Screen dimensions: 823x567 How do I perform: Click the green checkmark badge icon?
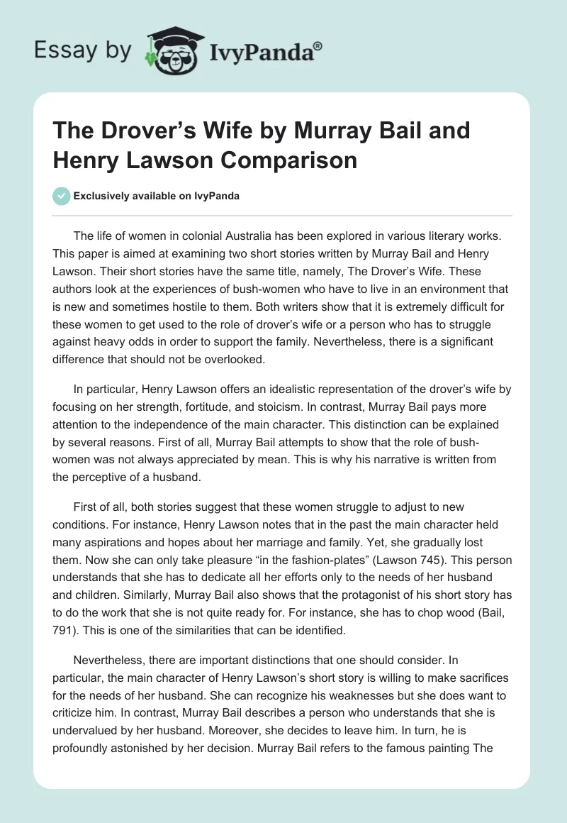pos(61,196)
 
